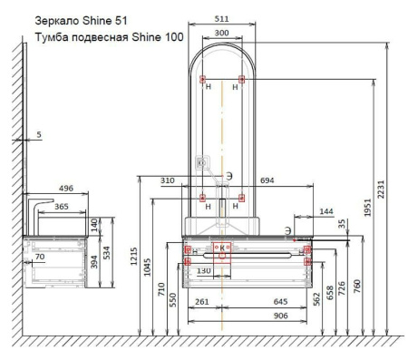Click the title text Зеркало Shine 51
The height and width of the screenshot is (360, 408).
tap(77, 19)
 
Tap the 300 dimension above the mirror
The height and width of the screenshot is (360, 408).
tap(220, 33)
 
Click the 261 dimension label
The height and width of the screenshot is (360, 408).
tap(202, 301)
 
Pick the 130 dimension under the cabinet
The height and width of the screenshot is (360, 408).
tap(205, 271)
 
